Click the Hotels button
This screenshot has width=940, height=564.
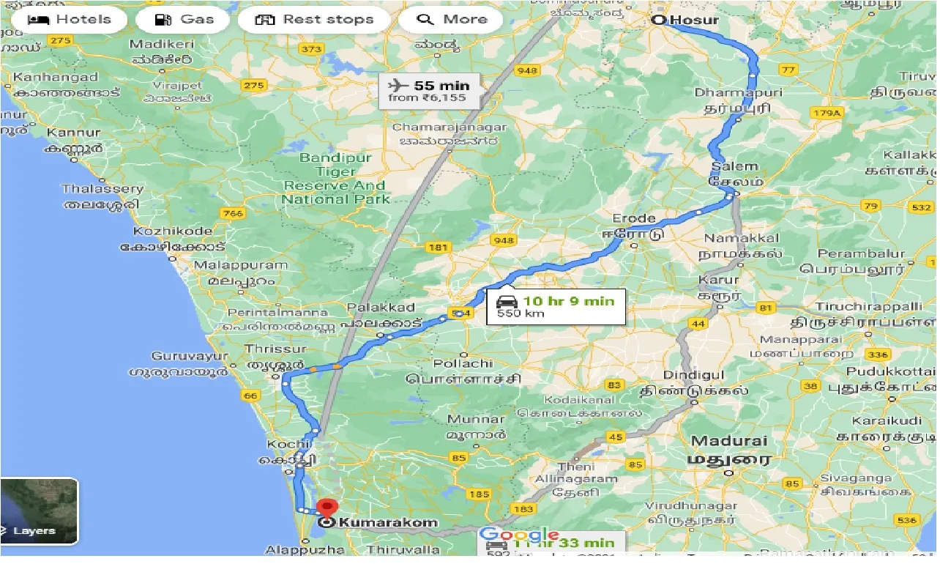point(70,19)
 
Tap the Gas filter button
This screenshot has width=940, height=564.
point(185,19)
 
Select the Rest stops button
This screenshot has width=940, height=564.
point(314,19)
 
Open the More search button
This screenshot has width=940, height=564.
point(451,19)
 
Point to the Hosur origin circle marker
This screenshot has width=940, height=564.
point(657,21)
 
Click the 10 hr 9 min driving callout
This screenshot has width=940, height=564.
point(556,306)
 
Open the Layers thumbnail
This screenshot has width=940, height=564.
point(39,511)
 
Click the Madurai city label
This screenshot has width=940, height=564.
point(729,442)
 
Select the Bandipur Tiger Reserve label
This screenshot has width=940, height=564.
point(337,179)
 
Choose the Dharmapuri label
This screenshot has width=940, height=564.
point(738,93)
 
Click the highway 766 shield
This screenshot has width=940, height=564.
point(232,214)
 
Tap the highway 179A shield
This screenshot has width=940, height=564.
point(827,113)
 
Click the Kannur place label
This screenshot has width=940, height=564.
point(73,133)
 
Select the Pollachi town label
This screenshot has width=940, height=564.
point(463,363)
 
